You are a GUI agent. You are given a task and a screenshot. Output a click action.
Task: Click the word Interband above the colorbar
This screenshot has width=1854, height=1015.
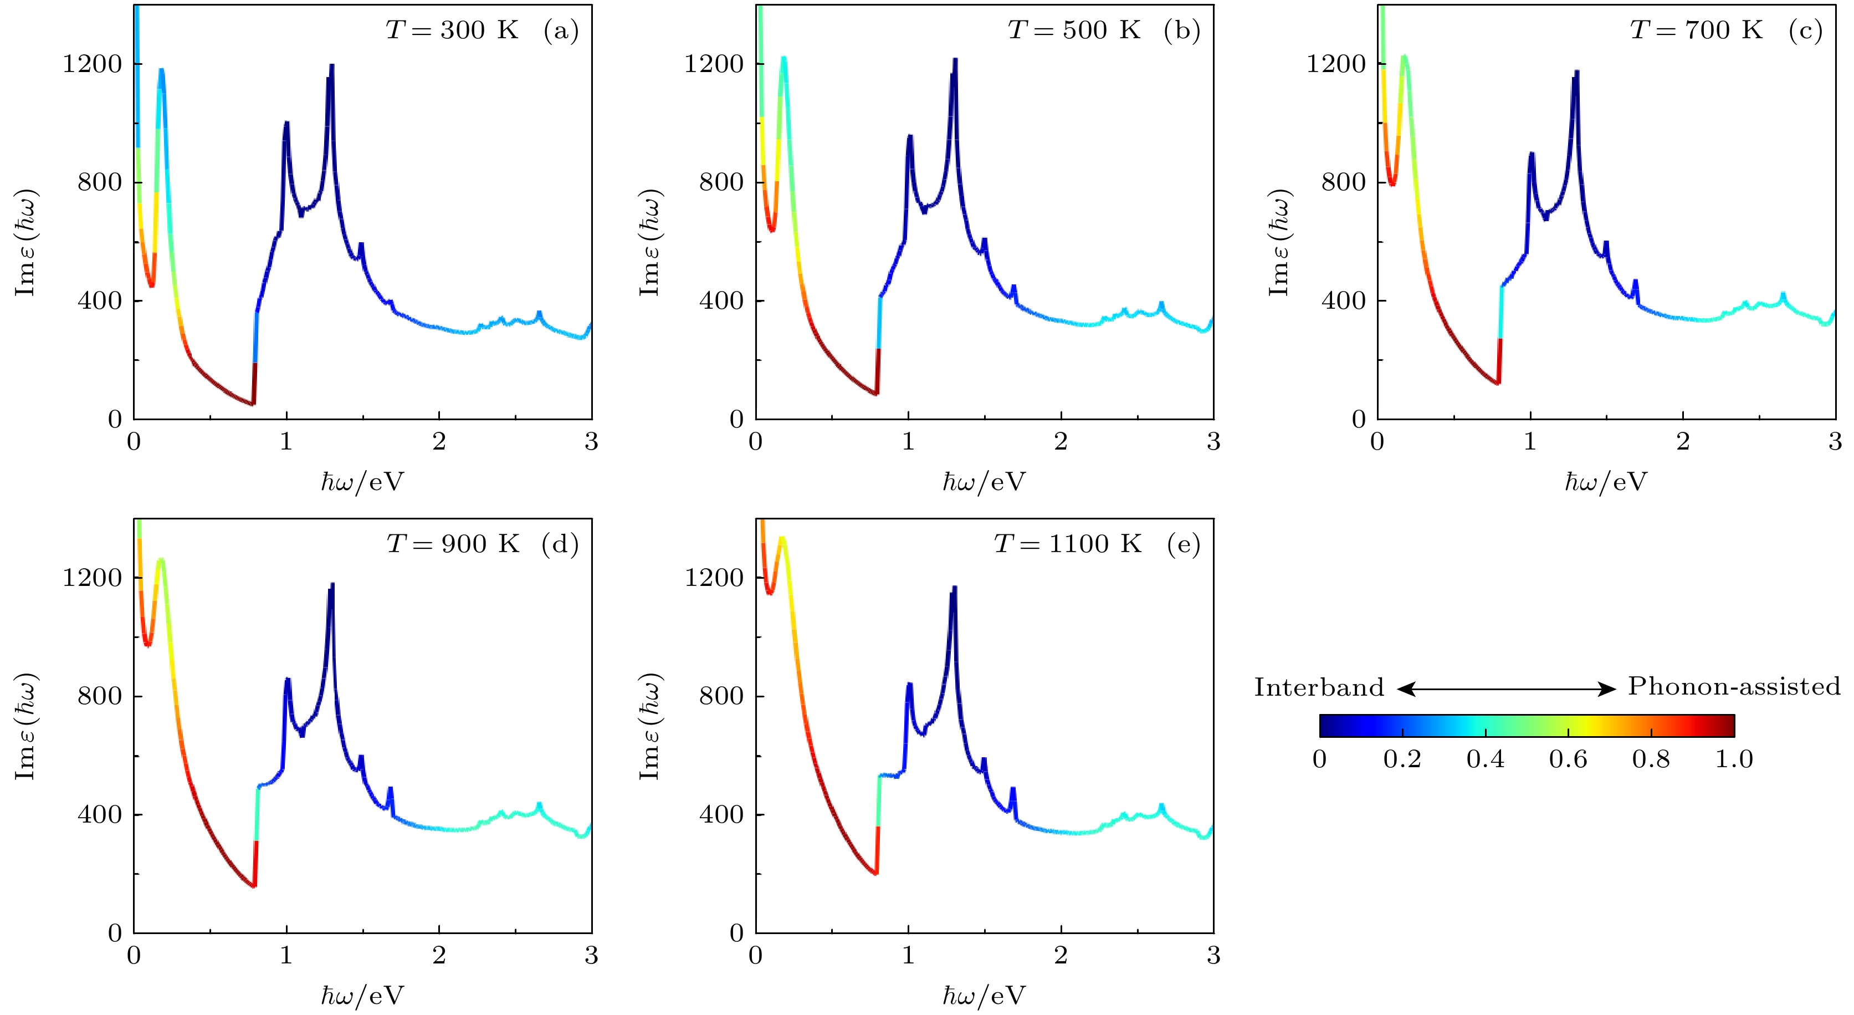(1319, 687)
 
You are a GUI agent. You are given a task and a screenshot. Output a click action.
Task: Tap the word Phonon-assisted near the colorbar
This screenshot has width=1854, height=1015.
(1734, 687)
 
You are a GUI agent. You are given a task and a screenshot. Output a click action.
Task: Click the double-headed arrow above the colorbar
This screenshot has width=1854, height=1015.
(1507, 689)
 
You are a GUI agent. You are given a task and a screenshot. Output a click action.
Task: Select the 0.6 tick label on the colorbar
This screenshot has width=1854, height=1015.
(1568, 759)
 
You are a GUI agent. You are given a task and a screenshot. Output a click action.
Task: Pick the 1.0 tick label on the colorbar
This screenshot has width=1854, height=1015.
(1734, 759)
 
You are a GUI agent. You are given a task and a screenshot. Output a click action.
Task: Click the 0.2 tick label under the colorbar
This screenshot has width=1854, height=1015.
(1402, 759)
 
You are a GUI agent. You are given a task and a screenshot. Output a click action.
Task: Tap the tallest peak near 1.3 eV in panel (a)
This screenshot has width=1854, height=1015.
(331, 66)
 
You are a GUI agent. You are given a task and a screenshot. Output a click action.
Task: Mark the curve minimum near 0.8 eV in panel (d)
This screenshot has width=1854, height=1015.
(253, 885)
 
